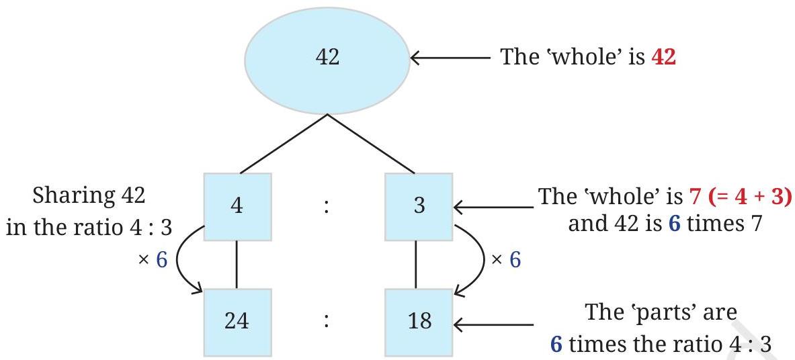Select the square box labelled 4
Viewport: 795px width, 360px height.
237,206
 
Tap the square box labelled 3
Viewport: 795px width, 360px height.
419,206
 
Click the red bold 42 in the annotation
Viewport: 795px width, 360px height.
664,57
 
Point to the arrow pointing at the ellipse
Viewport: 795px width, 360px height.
450,58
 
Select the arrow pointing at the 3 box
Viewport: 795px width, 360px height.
493,207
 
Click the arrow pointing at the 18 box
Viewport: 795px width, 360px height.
493,324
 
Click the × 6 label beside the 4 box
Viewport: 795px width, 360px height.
153,260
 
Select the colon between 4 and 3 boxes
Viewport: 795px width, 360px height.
327,208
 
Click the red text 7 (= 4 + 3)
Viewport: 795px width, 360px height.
741,196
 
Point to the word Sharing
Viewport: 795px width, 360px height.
67,196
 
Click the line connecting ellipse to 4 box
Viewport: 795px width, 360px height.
284,144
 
